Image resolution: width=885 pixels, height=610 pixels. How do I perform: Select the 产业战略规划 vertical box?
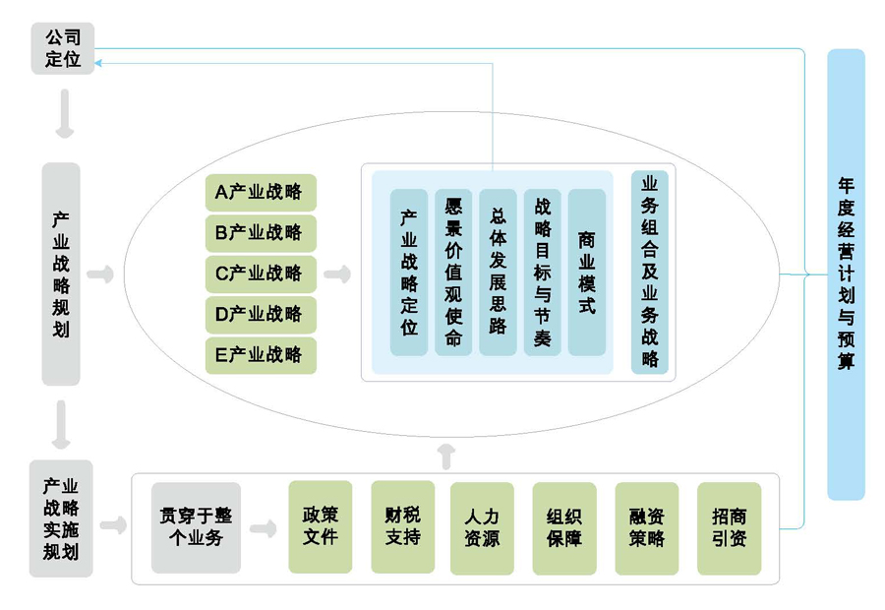[61, 274]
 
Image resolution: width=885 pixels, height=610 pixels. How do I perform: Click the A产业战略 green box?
[261, 192]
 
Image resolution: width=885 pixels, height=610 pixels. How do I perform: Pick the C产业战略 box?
[261, 274]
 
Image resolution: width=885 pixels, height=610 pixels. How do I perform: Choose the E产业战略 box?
[261, 355]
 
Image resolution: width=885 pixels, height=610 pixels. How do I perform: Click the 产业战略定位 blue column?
[409, 273]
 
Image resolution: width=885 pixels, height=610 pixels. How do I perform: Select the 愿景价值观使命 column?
[453, 273]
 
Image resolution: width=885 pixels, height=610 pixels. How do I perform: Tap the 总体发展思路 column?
[498, 273]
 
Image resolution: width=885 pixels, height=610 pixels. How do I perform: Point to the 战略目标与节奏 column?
[543, 273]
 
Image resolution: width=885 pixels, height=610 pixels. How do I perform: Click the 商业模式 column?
[587, 273]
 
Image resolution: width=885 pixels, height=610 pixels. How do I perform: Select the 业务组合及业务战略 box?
[649, 273]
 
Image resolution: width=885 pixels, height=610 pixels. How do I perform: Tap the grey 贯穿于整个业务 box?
[196, 527]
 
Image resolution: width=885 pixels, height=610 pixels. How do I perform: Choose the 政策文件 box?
[321, 527]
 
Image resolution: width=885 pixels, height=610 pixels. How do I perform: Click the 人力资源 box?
[482, 527]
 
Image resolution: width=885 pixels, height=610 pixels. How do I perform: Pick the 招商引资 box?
[729, 527]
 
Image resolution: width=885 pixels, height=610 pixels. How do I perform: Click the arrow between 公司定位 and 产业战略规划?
[63, 114]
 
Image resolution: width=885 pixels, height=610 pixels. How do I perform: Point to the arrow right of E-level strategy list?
[337, 274]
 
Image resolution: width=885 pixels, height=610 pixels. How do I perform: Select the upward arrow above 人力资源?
[445, 455]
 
